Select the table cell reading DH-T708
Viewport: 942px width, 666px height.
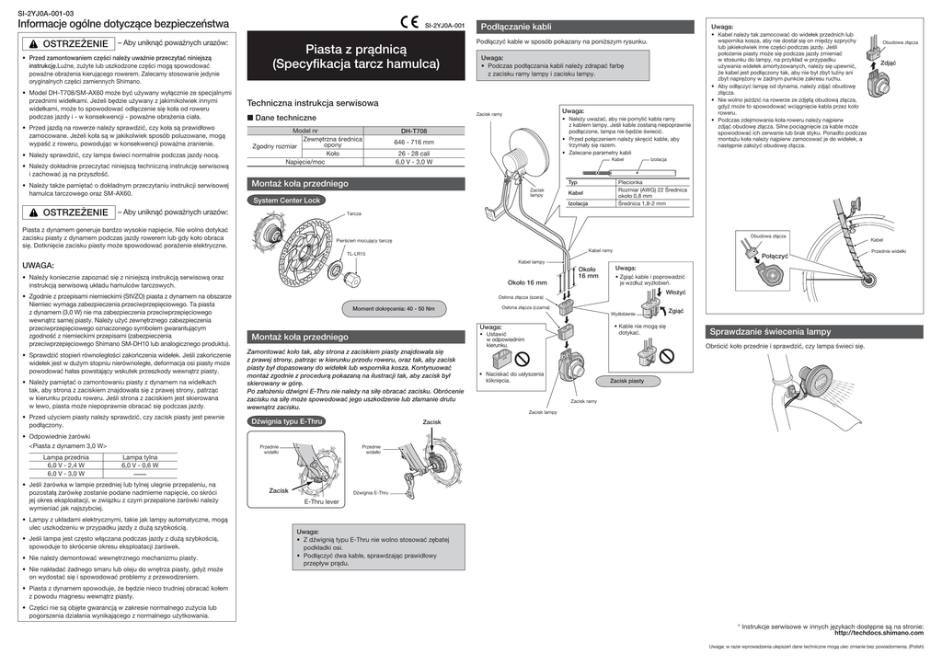(x=413, y=132)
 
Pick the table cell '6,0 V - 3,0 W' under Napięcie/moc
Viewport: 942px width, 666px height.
(x=413, y=162)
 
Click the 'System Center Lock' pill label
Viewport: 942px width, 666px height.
(x=286, y=200)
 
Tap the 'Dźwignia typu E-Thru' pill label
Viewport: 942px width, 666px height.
(x=285, y=421)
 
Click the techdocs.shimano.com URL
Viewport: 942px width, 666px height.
(x=878, y=633)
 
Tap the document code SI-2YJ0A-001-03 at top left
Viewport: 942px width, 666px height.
(x=46, y=12)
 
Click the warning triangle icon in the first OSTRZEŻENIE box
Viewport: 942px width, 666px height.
(x=33, y=44)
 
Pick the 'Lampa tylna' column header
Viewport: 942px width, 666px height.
(x=140, y=456)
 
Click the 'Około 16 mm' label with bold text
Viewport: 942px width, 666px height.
(x=527, y=281)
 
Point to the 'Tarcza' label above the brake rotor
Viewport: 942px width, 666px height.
(x=354, y=214)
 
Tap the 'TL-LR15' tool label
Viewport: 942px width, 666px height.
(x=356, y=254)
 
